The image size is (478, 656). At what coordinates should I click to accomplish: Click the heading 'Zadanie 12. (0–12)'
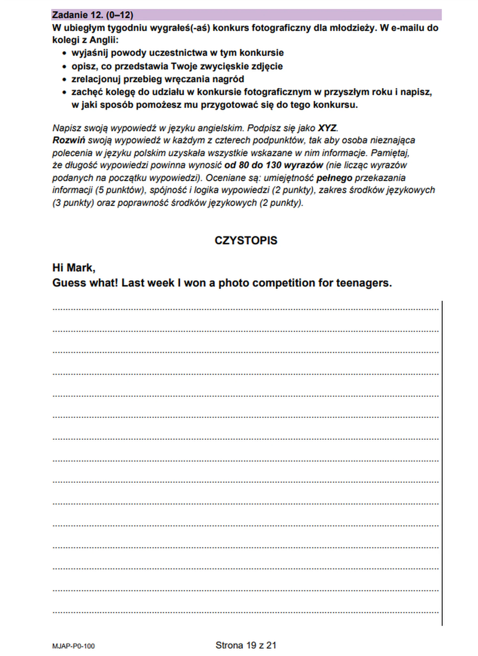pyautogui.click(x=92, y=15)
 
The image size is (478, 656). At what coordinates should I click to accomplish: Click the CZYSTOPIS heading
pyautogui.click(x=246, y=240)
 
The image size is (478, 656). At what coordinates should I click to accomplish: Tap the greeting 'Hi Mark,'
pyautogui.click(x=74, y=268)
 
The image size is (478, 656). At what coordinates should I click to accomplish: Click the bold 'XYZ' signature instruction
pyautogui.click(x=327, y=128)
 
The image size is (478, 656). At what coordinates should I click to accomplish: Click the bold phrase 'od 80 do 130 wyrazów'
pyautogui.click(x=274, y=165)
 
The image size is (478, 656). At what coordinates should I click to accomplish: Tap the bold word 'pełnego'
pyautogui.click(x=334, y=178)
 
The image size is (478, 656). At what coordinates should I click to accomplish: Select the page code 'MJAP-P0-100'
pyautogui.click(x=73, y=646)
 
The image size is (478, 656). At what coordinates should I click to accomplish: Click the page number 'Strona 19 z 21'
pyautogui.click(x=246, y=645)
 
